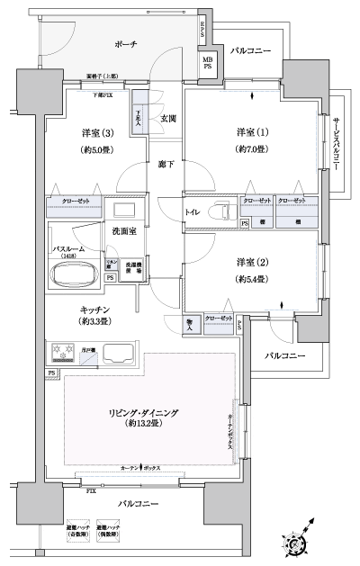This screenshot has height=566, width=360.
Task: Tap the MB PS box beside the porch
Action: click(206, 65)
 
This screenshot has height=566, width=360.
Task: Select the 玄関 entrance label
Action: click(167, 118)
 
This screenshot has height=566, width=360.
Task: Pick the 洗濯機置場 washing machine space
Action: click(132, 268)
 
